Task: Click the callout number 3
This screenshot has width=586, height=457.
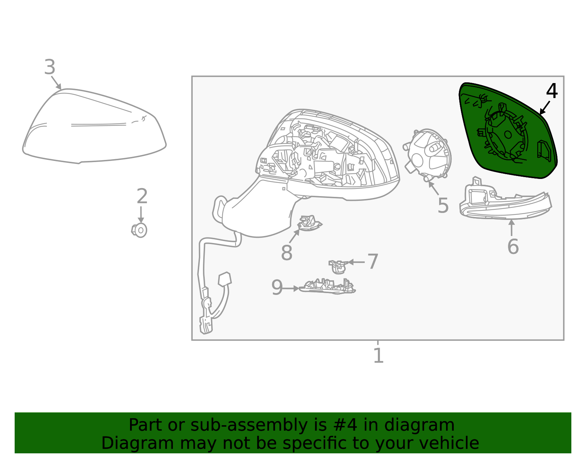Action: (50, 68)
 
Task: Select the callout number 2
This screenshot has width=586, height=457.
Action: (142, 197)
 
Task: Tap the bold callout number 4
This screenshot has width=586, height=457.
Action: (552, 91)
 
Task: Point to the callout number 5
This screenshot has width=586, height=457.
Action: (443, 206)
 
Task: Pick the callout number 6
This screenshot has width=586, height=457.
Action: (513, 247)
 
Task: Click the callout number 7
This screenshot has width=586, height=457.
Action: (373, 262)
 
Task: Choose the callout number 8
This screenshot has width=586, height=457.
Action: (286, 253)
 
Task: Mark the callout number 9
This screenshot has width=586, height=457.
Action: (277, 288)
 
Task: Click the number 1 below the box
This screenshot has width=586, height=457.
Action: (378, 356)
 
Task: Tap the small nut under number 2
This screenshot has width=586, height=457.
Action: (140, 230)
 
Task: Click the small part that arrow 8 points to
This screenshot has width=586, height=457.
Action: (309, 223)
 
